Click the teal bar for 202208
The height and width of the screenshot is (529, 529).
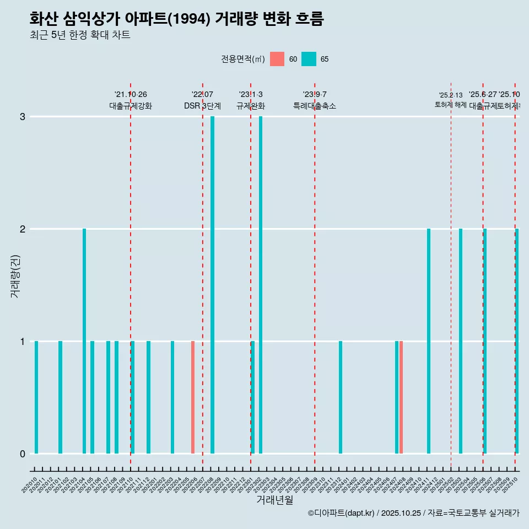pyautogui.click(x=213, y=285)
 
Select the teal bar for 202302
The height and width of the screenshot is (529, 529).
pyautogui.click(x=261, y=285)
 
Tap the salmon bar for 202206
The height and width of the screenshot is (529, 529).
pyautogui.click(x=193, y=397)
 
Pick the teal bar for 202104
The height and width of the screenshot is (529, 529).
pyautogui.click(x=84, y=341)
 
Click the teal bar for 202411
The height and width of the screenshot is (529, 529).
pyautogui.click(x=429, y=341)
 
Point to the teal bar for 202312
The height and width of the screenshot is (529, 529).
pyautogui.click(x=341, y=397)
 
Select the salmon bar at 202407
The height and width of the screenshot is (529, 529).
pyautogui.click(x=401, y=397)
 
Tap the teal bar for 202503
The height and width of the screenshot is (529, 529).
pyautogui.click(x=461, y=341)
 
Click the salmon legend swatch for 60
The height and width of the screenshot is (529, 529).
pyautogui.click(x=277, y=59)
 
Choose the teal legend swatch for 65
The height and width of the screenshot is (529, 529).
pyautogui.click(x=309, y=59)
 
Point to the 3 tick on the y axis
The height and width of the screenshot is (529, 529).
pyautogui.click(x=23, y=117)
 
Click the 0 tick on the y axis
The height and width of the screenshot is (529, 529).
pyautogui.click(x=23, y=454)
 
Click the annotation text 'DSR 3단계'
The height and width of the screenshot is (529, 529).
pyautogui.click(x=202, y=106)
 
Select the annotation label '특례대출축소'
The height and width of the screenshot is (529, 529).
pyautogui.click(x=315, y=106)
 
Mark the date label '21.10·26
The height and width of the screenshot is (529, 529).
pyautogui.click(x=131, y=95)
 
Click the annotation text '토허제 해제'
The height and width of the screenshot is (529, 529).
pyautogui.click(x=451, y=105)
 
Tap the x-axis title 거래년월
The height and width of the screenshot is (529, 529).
pyautogui.click(x=274, y=500)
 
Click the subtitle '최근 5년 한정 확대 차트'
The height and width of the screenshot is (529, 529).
pyautogui.click(x=80, y=35)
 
